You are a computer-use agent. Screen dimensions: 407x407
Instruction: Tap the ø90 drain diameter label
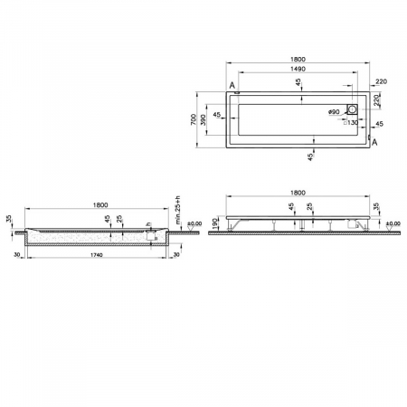(x=333, y=111)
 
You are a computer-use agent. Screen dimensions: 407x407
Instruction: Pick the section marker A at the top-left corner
(x=233, y=86)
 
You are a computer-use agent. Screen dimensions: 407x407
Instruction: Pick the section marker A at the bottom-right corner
(x=375, y=144)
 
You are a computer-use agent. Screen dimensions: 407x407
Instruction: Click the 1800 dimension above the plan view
(x=298, y=59)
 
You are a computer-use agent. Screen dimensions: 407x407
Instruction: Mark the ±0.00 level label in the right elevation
(x=393, y=223)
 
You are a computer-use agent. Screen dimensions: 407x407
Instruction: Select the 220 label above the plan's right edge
(x=382, y=81)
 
